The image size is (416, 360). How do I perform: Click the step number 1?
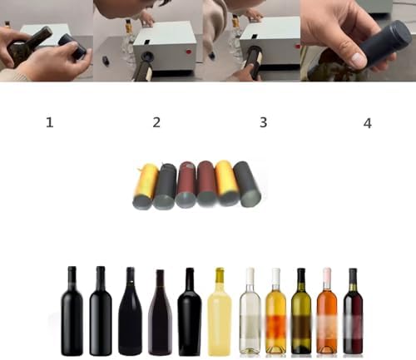click(50, 122)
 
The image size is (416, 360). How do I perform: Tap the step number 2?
click(156, 122)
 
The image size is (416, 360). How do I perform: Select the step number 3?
click(263, 122)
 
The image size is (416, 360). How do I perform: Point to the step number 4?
click(368, 123)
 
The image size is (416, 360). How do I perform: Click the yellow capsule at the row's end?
click(144, 186)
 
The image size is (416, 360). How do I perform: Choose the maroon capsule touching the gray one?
click(186, 185)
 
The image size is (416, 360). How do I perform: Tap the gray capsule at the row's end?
click(248, 184)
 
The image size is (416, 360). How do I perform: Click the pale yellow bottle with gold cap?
click(220, 311)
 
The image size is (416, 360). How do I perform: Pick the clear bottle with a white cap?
click(250, 311)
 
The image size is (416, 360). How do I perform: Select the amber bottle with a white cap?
click(275, 311)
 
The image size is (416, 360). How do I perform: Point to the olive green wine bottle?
click(301, 311)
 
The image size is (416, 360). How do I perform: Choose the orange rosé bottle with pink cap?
click(327, 311)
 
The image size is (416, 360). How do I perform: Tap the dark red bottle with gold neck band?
click(353, 311)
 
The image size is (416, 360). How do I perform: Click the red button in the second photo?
click(190, 52)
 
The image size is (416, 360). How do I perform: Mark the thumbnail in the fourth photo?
click(359, 59)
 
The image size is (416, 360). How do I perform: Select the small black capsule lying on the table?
click(106, 61)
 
